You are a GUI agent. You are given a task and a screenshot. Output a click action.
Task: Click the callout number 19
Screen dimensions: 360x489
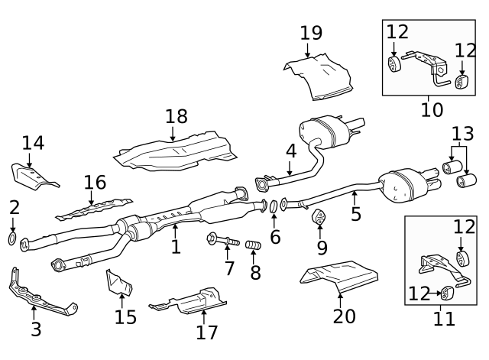pyautogui.click(x=311, y=34)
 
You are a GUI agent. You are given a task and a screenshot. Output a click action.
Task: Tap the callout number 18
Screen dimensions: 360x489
pyautogui.click(x=176, y=117)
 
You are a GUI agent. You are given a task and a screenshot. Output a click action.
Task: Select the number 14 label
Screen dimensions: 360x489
pyautogui.click(x=33, y=143)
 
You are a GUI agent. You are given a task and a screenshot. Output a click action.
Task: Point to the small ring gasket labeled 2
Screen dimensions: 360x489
pyautogui.click(x=13, y=241)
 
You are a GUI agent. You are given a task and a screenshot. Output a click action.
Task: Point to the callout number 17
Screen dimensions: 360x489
pyautogui.click(x=206, y=332)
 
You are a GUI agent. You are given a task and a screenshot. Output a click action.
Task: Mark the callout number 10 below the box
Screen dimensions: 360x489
pyautogui.click(x=432, y=109)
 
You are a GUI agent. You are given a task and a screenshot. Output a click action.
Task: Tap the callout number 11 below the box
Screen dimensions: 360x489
pyautogui.click(x=444, y=318)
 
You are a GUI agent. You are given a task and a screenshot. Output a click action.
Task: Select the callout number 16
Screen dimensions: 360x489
pyautogui.click(x=95, y=183)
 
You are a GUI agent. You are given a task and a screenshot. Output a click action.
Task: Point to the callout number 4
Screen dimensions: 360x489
pyautogui.click(x=291, y=151)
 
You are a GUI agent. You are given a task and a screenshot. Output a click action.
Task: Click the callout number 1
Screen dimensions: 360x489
pyautogui.click(x=176, y=247)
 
